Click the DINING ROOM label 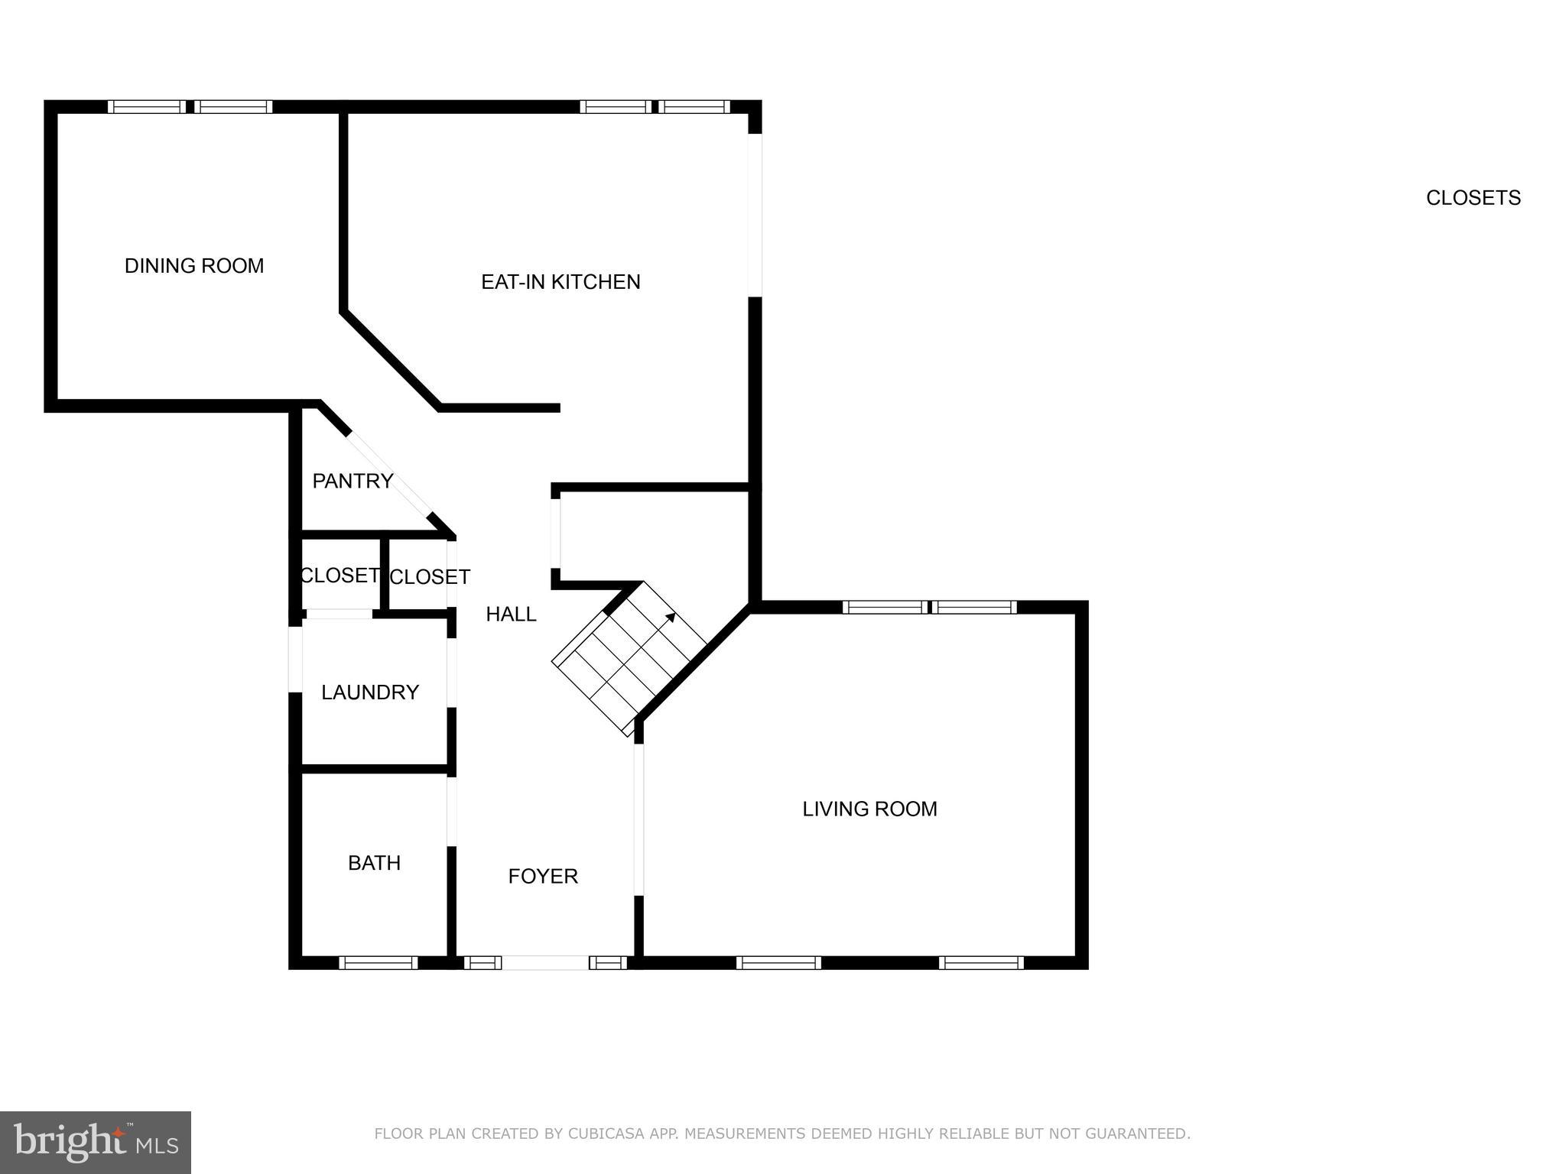point(194,266)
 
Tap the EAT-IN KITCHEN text point(560,282)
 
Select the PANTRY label point(353,481)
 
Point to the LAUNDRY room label point(370,692)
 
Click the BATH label point(374,863)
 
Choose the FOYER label point(543,876)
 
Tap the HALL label point(511,614)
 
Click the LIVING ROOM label point(869,809)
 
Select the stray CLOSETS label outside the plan point(1473,198)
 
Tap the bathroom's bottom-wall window point(378,962)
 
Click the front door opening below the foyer point(544,962)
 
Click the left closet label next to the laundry point(340,575)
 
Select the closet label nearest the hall point(430,577)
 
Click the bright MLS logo point(95,1142)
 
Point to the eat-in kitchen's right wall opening point(755,216)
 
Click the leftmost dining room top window point(147,107)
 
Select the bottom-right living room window point(981,962)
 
